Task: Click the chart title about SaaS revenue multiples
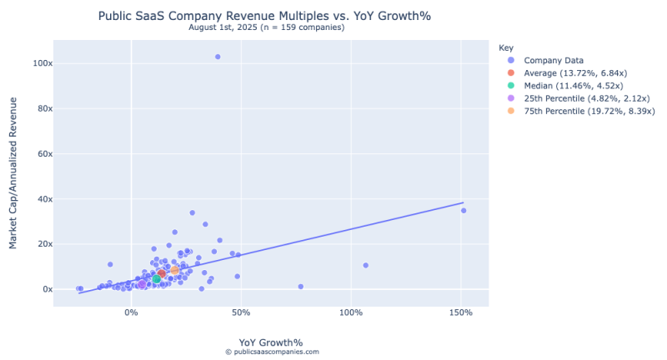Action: coord(271,16)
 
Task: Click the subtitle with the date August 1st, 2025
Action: coord(271,27)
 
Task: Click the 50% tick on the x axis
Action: coord(241,312)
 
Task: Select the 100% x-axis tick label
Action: coord(351,312)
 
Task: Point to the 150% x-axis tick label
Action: coord(461,312)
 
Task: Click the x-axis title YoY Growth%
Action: coord(271,342)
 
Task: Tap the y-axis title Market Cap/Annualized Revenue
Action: coord(13,172)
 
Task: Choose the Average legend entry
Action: coord(575,73)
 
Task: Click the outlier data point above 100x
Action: coord(218,57)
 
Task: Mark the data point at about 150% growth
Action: coord(464,210)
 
